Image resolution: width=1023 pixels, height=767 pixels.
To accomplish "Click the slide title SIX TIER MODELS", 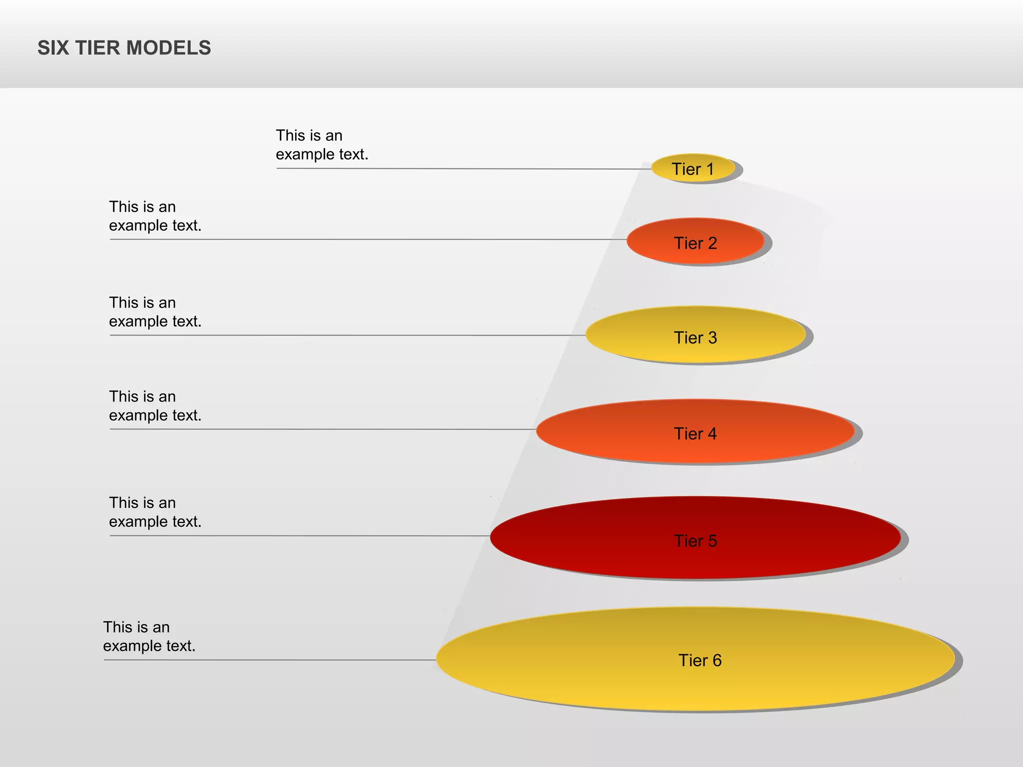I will click(124, 48).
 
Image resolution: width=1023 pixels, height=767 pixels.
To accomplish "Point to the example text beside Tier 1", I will click(322, 145).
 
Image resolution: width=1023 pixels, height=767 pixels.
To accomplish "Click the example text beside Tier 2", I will click(155, 216).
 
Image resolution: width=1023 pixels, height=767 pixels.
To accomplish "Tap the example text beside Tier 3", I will click(155, 312).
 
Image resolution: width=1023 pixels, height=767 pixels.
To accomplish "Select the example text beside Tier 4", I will click(155, 406).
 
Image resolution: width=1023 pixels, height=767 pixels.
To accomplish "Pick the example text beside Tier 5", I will click(155, 512).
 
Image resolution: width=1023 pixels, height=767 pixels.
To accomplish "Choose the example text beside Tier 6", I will click(149, 636).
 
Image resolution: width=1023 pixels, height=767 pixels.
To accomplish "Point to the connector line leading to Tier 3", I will click(350, 335).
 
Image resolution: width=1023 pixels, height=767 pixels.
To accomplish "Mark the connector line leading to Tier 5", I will click(300, 536).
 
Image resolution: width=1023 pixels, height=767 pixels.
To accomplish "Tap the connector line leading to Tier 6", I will click(270, 660).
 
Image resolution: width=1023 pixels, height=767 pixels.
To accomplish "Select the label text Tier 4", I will click(695, 433).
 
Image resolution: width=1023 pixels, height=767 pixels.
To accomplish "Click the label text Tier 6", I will click(700, 660).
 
